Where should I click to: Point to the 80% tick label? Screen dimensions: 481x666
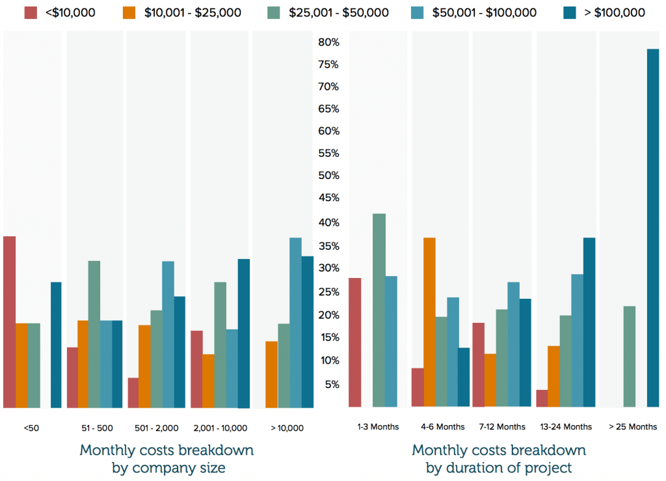point(328,42)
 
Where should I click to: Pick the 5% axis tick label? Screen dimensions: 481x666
point(331,384)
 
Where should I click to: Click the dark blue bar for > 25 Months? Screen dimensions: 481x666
point(653,228)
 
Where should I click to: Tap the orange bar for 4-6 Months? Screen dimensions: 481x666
point(429,322)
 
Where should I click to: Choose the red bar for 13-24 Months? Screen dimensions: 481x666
point(542,398)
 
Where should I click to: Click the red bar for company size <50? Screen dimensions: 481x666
point(9,322)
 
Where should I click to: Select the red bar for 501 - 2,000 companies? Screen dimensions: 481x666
point(133,392)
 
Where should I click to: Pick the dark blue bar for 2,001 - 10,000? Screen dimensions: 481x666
point(243,333)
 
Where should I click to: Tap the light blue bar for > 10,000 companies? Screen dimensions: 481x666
point(295,323)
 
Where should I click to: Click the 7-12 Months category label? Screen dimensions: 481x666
point(502,427)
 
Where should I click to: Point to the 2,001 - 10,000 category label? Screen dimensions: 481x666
point(220,428)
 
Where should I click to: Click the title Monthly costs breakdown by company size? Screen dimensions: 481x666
point(166,458)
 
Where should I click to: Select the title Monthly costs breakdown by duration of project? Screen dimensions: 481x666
point(499,458)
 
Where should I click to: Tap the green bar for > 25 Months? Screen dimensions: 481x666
point(629,357)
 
